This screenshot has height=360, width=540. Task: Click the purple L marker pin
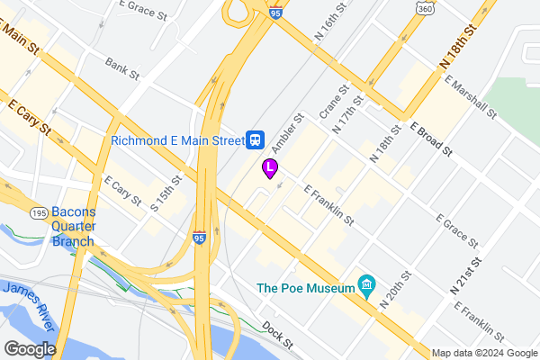(269, 167)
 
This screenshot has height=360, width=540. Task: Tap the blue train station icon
(256, 139)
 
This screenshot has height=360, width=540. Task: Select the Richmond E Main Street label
(177, 140)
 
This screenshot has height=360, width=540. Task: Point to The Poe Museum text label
(305, 288)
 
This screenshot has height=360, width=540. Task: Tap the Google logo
(30, 349)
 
